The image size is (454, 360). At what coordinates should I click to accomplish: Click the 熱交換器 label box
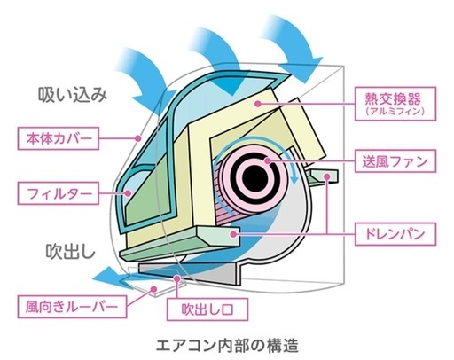395,104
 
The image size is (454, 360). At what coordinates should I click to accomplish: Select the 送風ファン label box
395,161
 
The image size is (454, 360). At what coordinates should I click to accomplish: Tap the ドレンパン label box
395,234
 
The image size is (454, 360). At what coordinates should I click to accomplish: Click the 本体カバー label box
59,138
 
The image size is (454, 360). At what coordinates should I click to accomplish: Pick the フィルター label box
59,193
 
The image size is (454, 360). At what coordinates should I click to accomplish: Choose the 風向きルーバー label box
72,307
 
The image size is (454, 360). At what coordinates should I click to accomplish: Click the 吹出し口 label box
207,309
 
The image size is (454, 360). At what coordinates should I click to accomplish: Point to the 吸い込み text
73,95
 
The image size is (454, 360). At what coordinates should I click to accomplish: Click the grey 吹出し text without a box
71,252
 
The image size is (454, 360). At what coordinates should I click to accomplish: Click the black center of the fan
254,177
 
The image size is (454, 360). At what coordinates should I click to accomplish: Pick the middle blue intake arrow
220,59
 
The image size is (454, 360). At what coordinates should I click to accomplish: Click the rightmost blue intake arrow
293,47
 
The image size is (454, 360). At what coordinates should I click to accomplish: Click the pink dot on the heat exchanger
258,104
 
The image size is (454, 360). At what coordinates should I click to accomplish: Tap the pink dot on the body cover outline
137,137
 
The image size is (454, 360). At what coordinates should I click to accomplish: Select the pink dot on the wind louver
153,289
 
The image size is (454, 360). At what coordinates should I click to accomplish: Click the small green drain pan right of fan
323,176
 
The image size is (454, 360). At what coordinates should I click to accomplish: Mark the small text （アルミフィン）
395,112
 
